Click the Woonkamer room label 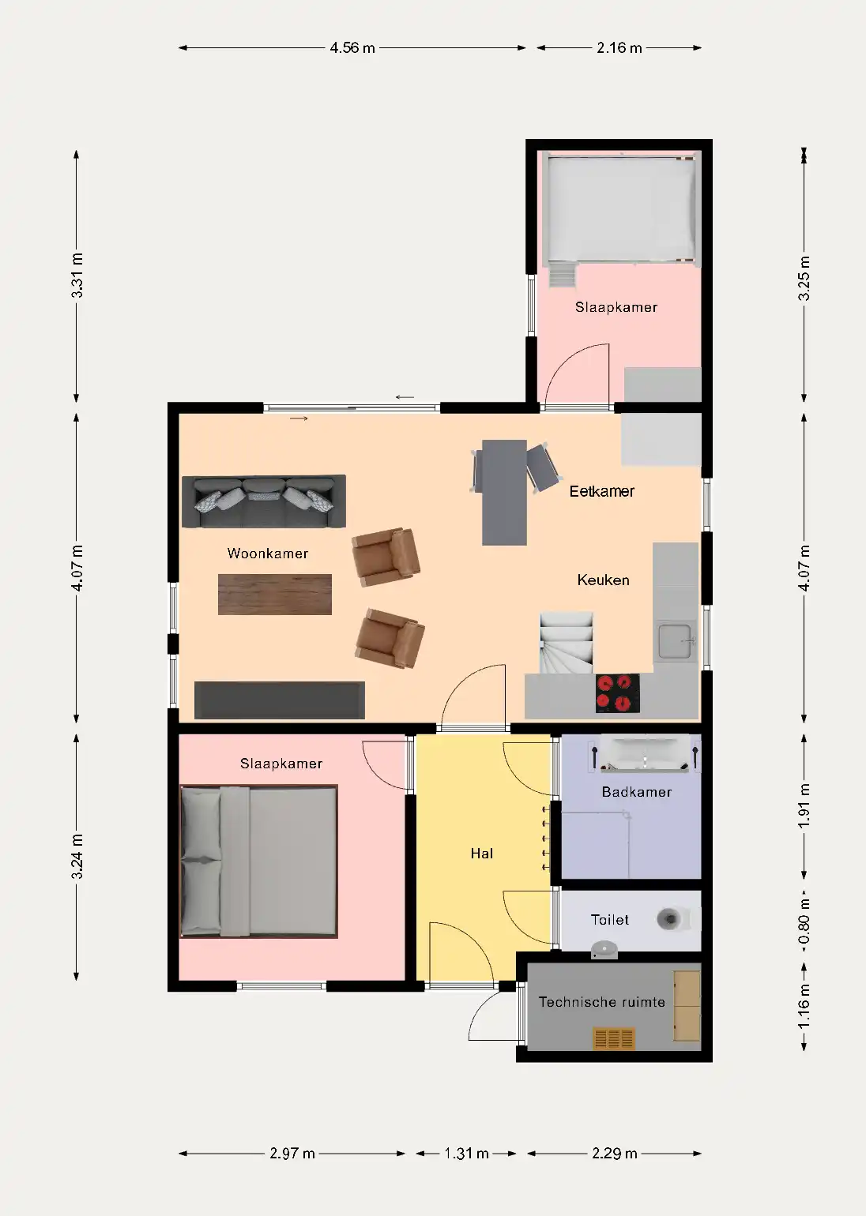point(267,554)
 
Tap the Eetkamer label point(601,491)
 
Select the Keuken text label point(603,580)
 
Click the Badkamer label point(636,792)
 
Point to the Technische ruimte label point(601,1002)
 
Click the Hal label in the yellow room point(481,854)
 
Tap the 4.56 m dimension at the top point(352,48)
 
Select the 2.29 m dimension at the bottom point(614,1154)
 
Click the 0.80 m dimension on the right point(804,921)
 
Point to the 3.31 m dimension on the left point(77,276)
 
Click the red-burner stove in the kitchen point(617,692)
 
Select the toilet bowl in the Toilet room point(671,919)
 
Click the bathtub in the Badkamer point(645,754)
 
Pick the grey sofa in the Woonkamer point(264,501)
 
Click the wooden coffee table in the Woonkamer point(274,594)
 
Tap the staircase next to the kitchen point(566,642)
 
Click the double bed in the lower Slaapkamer point(259,861)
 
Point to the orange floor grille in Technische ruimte point(614,1039)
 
